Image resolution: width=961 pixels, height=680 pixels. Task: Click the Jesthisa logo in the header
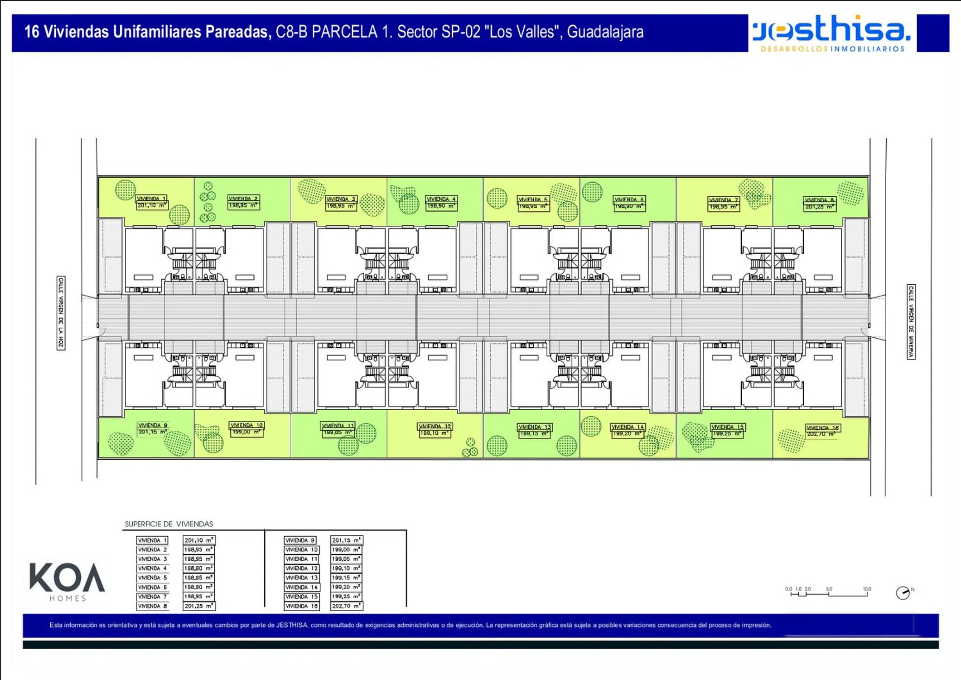pyautogui.click(x=831, y=33)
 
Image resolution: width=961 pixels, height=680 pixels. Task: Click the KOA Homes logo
pyautogui.click(x=67, y=581)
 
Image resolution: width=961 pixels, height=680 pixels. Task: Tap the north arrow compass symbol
pyautogui.click(x=903, y=593)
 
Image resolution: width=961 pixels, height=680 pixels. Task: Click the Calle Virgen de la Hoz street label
pyautogui.click(x=61, y=313)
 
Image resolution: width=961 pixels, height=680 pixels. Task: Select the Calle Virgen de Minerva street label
pyautogui.click(x=911, y=321)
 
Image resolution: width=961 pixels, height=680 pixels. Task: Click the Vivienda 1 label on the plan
pyautogui.click(x=151, y=199)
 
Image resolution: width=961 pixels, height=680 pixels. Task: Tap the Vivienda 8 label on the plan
pyautogui.click(x=819, y=200)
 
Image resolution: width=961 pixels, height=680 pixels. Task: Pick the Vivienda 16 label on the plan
pyautogui.click(x=823, y=428)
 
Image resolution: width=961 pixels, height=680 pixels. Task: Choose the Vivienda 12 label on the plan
pyautogui.click(x=435, y=427)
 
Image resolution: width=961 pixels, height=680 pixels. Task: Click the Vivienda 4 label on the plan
pyautogui.click(x=441, y=199)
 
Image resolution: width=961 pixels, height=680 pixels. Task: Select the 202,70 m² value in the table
pyautogui.click(x=346, y=606)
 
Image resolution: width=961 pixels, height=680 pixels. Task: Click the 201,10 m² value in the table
pyautogui.click(x=199, y=540)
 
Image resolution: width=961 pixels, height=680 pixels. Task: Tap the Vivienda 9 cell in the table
pyautogui.click(x=300, y=540)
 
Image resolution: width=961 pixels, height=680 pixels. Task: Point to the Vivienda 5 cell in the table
pyautogui.click(x=152, y=578)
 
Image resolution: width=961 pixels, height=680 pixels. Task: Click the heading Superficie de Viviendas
pyautogui.click(x=169, y=524)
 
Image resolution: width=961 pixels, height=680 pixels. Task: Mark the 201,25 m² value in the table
pyautogui.click(x=199, y=606)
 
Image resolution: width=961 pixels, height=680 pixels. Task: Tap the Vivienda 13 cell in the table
pyautogui.click(x=301, y=578)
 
